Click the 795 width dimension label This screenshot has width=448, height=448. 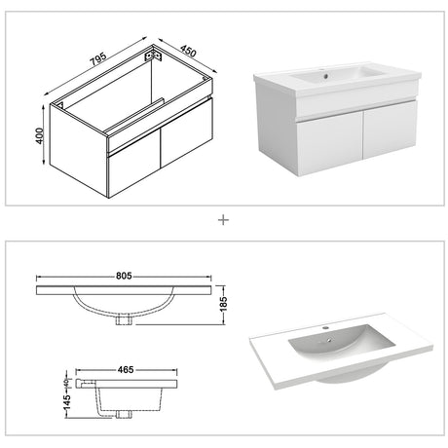point(98,58)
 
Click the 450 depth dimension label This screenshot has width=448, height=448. point(188,51)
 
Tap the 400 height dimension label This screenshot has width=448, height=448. point(39,136)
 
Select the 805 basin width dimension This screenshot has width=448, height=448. point(124,276)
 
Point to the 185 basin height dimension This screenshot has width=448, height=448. point(224,304)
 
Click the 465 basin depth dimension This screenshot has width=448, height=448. point(126,369)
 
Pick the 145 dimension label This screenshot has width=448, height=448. point(67,402)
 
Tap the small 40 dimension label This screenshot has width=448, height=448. point(66,383)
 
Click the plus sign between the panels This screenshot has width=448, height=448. point(223,220)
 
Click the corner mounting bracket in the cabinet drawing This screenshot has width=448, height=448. point(153,55)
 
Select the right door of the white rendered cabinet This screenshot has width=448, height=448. point(391,130)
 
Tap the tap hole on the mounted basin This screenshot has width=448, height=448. point(325,77)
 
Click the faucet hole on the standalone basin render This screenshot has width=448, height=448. point(325,327)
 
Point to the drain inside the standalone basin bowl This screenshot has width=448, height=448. point(329,340)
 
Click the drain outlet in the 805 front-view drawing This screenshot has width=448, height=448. point(124,319)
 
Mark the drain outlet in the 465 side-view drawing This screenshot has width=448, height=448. point(124,414)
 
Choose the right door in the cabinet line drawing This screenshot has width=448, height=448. point(186,133)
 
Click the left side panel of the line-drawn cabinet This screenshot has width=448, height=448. point(79,151)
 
